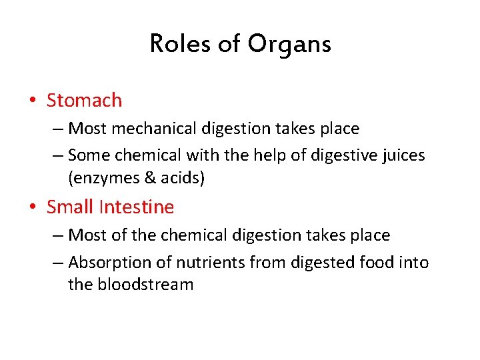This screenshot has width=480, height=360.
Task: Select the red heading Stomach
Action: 85,101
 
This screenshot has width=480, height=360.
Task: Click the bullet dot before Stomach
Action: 33,101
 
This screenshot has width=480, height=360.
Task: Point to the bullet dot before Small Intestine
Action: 33,208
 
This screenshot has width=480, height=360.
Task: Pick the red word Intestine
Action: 136,207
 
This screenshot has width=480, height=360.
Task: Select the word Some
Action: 89,155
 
